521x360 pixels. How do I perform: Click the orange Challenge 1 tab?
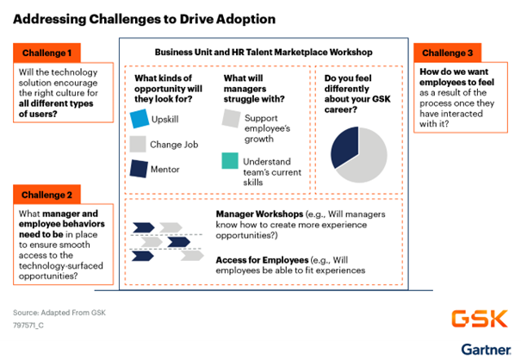47,53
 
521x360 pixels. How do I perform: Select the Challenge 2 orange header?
47,195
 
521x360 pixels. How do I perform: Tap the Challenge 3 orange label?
448,53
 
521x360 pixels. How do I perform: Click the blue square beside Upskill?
140,119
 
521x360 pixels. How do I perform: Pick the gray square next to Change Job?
138,144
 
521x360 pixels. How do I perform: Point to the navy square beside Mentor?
139,169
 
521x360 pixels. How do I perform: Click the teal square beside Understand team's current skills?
230,161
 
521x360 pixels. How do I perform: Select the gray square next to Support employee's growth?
232,118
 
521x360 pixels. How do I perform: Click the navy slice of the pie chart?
344,146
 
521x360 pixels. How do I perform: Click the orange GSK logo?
480,319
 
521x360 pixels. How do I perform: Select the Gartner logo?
486,350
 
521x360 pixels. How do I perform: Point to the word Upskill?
164,120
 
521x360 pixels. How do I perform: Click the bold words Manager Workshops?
259,214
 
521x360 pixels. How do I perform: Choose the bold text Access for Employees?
262,260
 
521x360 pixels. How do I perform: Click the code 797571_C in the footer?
28,326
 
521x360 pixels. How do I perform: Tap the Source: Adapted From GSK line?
59,313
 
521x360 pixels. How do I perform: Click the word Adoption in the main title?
246,19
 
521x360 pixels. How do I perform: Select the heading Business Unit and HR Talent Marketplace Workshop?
264,53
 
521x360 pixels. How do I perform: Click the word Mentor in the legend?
165,169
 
